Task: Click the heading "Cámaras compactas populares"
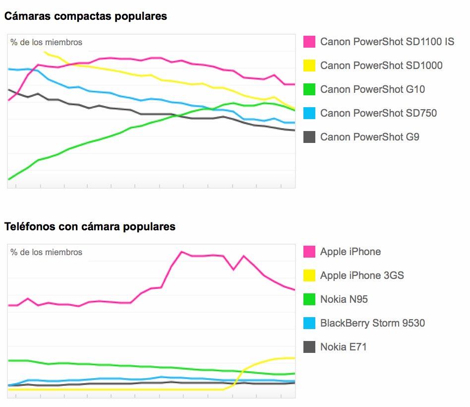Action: pyautogui.click(x=86, y=16)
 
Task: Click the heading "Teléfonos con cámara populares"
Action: pyautogui.click(x=90, y=227)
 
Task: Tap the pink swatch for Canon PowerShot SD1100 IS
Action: pyautogui.click(x=309, y=42)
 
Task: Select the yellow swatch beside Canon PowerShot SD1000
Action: pyautogui.click(x=309, y=66)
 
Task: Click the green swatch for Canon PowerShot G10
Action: pyautogui.click(x=309, y=89)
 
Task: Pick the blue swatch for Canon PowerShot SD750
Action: pyautogui.click(x=309, y=113)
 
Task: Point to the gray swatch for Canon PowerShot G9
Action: pyautogui.click(x=309, y=137)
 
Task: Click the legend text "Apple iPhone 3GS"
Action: pyautogui.click(x=362, y=275)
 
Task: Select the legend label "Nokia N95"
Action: pyautogui.click(x=344, y=299)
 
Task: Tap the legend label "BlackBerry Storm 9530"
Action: pyautogui.click(x=372, y=323)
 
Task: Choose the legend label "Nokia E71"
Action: pyautogui.click(x=344, y=347)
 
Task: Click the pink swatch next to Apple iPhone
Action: pyautogui.click(x=309, y=252)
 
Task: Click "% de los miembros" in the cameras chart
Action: pyautogui.click(x=47, y=43)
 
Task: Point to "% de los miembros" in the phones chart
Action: pyautogui.click(x=47, y=252)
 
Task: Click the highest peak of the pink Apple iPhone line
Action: pyautogui.click(x=181, y=252)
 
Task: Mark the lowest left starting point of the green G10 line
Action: pyautogui.click(x=9, y=179)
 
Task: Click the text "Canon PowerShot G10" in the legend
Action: pyautogui.click(x=372, y=89)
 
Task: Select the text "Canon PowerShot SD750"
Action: pyautogui.click(x=378, y=113)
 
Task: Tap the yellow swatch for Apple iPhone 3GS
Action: pyautogui.click(x=309, y=275)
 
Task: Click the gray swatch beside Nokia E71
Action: pyautogui.click(x=309, y=347)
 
